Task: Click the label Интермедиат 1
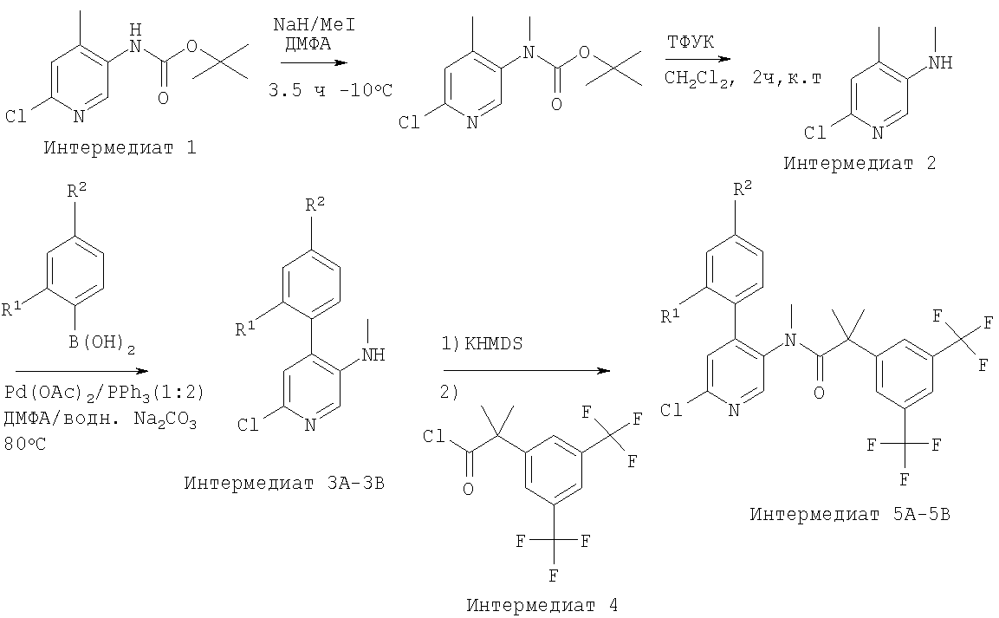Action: click(120, 148)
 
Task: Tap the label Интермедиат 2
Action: click(860, 164)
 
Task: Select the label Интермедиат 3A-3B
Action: click(284, 483)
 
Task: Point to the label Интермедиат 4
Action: click(542, 605)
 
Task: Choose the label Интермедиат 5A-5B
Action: click(850, 514)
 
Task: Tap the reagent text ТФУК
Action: click(691, 42)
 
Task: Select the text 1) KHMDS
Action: click(483, 344)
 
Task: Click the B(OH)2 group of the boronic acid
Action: click(102, 344)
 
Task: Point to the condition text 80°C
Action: click(25, 444)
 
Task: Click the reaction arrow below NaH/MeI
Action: click(314, 62)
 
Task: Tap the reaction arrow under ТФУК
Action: click(698, 59)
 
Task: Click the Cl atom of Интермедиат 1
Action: click(16, 116)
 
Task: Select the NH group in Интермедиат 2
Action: click(940, 62)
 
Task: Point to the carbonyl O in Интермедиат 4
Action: click(468, 490)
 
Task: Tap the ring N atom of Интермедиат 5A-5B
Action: click(734, 410)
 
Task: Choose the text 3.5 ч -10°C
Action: click(331, 90)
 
